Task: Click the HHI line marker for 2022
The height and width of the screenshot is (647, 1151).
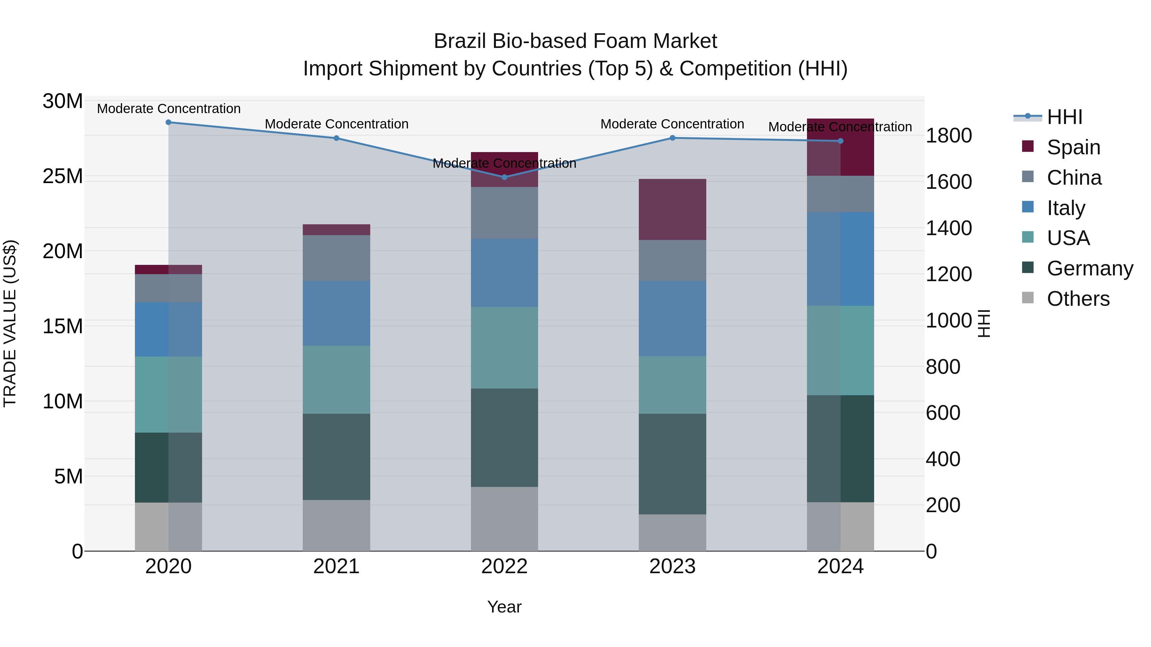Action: pyautogui.click(x=505, y=177)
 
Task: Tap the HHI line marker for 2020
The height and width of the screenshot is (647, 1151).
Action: pyautogui.click(x=168, y=122)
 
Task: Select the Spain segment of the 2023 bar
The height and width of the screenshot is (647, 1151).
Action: pyautogui.click(x=672, y=209)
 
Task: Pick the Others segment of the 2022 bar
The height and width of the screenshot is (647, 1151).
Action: pyautogui.click(x=505, y=519)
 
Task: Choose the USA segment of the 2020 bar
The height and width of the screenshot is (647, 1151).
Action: pyautogui.click(x=168, y=394)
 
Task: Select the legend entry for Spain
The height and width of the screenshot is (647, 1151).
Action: pyautogui.click(x=1073, y=147)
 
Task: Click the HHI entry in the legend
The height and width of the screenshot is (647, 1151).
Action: pyautogui.click(x=1064, y=117)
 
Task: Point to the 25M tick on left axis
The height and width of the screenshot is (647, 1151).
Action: pyautogui.click(x=63, y=176)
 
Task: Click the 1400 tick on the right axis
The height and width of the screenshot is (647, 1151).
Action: pyautogui.click(x=949, y=228)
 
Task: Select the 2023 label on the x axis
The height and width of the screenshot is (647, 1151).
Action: pyautogui.click(x=672, y=566)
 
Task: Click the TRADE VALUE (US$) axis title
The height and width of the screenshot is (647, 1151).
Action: pyautogui.click(x=10, y=323)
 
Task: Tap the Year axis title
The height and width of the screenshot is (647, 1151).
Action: pyautogui.click(x=505, y=607)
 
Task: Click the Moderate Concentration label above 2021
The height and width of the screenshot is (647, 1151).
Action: pyautogui.click(x=336, y=124)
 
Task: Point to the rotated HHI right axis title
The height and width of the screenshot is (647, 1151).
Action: pyautogui.click(x=984, y=323)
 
